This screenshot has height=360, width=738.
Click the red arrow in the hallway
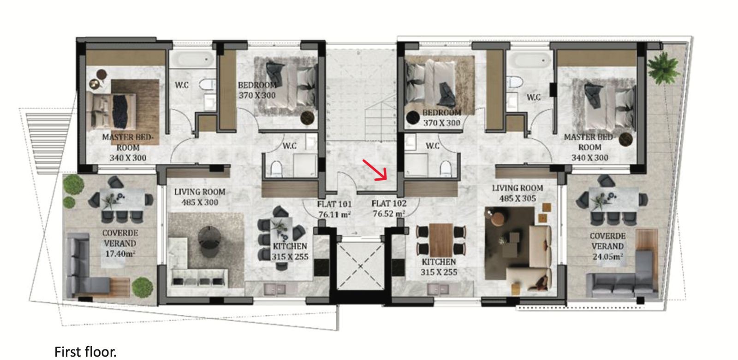pos(375,170)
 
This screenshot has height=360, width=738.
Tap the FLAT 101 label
pos(334,204)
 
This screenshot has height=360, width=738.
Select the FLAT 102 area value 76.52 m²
pos(389,214)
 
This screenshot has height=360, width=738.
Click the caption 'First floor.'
pos(85,352)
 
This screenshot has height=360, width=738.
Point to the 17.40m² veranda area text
pos(120,254)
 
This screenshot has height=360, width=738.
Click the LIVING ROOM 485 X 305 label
pos(518,193)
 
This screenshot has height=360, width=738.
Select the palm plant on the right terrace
pos(663,69)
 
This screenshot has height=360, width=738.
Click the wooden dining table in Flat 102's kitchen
pos(441,240)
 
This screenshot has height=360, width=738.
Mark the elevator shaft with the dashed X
pos(360,266)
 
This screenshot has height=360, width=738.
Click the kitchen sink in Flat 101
pos(275,289)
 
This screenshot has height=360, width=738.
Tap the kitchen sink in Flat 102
pos(438,289)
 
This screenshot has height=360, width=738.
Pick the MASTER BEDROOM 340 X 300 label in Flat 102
pos(589,147)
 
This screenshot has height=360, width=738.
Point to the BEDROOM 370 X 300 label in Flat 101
pos(257,90)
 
